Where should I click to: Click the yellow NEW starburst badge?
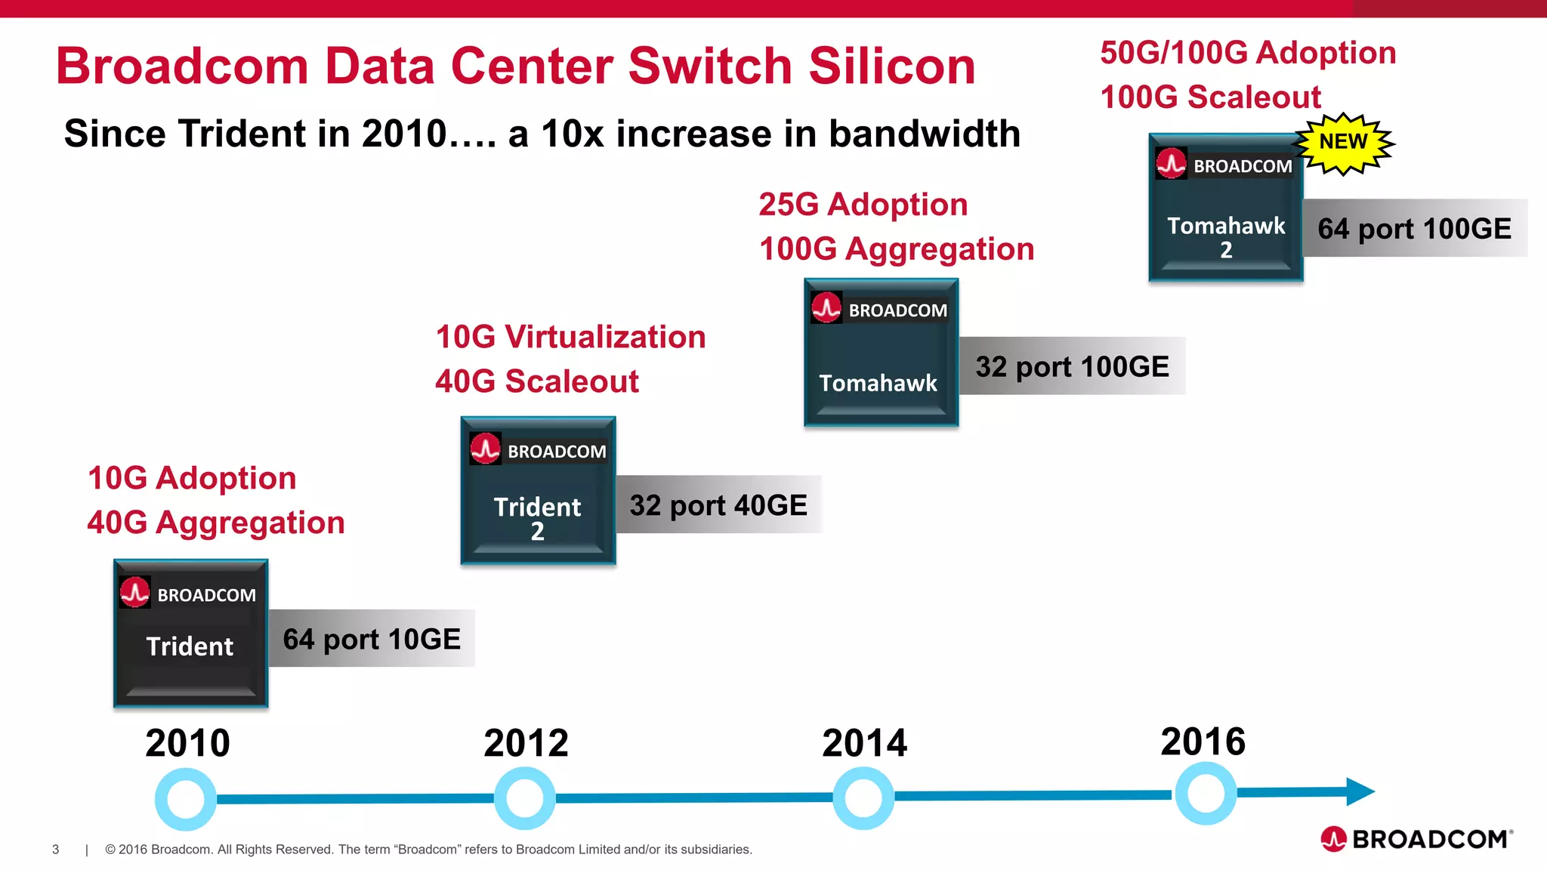coord(1344,143)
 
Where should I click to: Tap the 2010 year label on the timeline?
coord(187,743)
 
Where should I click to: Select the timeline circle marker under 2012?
coord(524,798)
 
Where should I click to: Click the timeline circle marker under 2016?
coord(1206,794)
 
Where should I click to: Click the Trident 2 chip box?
coord(538,491)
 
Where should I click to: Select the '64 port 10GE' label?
coord(372,639)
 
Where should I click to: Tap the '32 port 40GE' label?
coord(718,505)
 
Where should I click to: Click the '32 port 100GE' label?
coord(1072,366)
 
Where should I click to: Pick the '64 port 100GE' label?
coord(1414,229)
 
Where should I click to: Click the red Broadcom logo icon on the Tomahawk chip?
coord(826,308)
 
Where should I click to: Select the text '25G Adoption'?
coord(863,205)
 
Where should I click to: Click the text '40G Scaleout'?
coord(537,381)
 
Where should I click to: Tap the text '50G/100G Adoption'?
coord(1248,53)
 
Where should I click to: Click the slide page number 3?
coord(55,850)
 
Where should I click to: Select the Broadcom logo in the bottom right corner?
coord(1416,839)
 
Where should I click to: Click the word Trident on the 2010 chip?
coord(190,646)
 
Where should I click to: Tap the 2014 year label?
coord(864,743)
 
